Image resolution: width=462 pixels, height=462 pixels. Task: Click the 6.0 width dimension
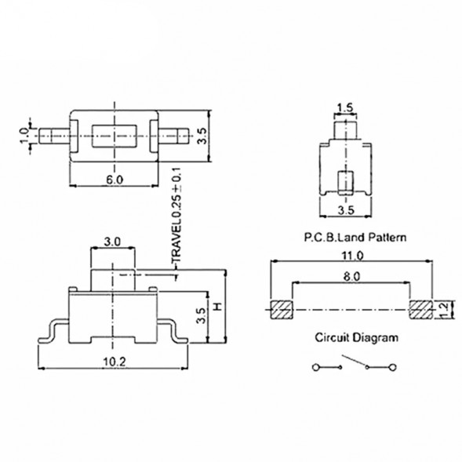(115, 180)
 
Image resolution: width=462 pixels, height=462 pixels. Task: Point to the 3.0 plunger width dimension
(111, 243)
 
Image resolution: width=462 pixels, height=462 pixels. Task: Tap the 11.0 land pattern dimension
(351, 256)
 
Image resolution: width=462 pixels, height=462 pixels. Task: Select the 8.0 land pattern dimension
(351, 276)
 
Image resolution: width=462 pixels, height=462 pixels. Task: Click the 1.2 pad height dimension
(445, 310)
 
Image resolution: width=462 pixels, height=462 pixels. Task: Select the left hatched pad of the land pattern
(280, 309)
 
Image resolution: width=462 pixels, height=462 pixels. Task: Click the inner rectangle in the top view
(115, 135)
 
